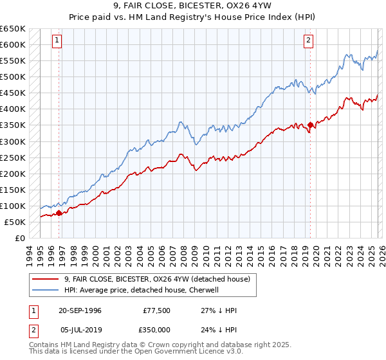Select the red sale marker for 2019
pyautogui.click(x=310, y=125)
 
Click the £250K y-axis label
pyautogui.click(x=13, y=157)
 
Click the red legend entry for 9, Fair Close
pyautogui.click(x=161, y=278)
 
